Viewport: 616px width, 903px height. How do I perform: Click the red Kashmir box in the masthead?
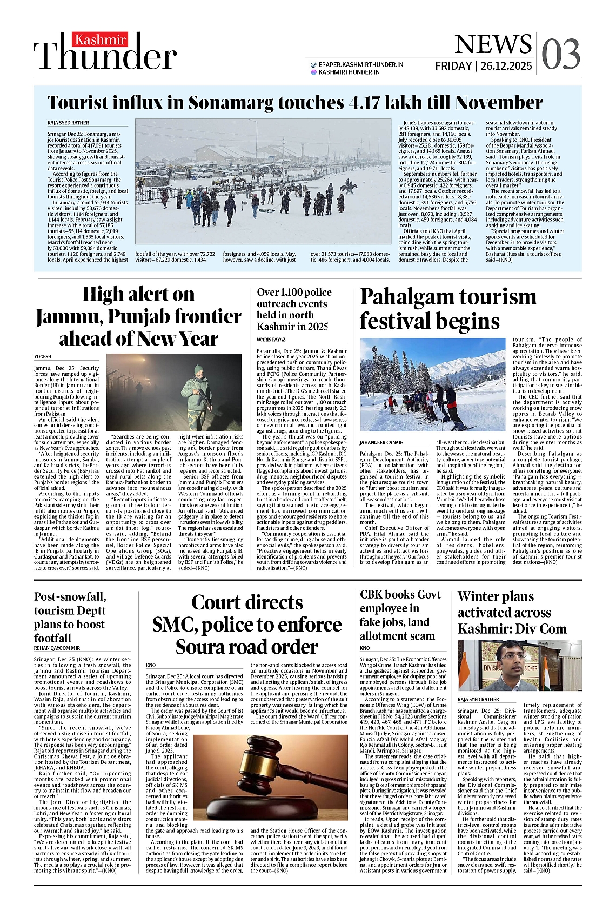pos(100,40)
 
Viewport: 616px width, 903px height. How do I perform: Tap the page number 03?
pos(560,55)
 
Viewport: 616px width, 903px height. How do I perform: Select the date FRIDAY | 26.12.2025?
pos(484,66)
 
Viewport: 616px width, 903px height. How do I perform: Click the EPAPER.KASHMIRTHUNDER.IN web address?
pos(360,64)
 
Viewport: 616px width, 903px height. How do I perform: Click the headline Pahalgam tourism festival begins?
pos(448,309)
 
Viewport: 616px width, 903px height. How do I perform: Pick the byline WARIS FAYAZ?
pos(271,340)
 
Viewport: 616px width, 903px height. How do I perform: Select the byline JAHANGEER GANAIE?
pos(381,443)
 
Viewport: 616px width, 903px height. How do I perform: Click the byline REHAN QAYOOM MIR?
pos(57,648)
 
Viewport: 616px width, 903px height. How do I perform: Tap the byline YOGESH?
pos(43,356)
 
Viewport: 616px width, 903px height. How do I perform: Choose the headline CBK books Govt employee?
pos(400,615)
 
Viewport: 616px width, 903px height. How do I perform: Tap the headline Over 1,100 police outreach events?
pos(293,309)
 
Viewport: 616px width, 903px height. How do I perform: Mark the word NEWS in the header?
pos(485,45)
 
